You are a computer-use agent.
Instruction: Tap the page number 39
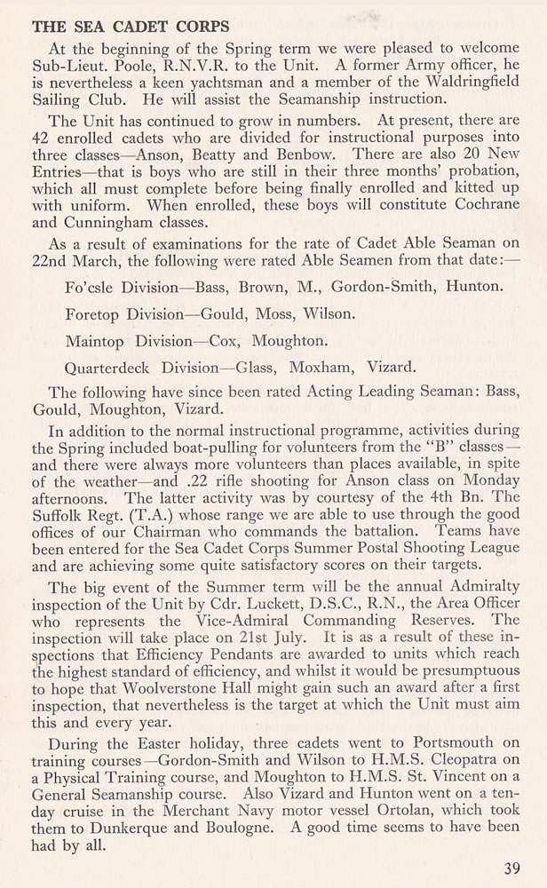pyautogui.click(x=511, y=868)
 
